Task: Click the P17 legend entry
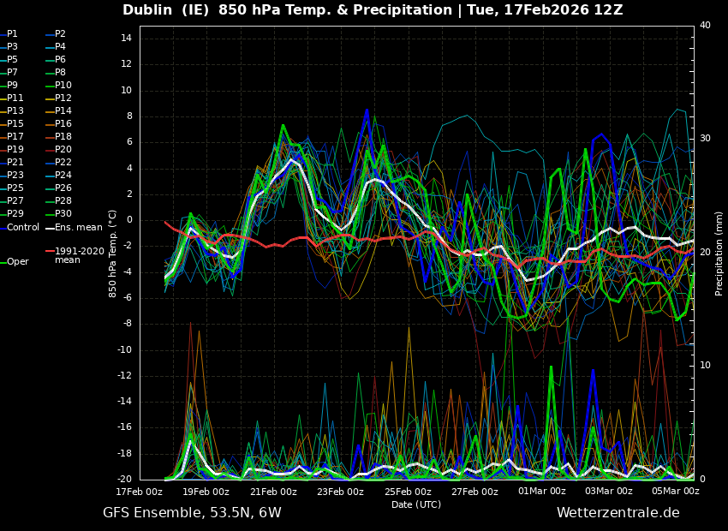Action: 15,137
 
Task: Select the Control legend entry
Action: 23,227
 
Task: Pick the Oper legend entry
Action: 17,262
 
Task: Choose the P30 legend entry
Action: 63,214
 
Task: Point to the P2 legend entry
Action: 60,34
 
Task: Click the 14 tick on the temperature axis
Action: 125,39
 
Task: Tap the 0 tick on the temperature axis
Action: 128,220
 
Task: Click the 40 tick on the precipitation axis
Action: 705,26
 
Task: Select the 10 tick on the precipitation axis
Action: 705,366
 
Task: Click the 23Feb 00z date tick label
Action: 340,492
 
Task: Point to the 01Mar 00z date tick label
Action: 542,492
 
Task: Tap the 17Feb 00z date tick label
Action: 140,492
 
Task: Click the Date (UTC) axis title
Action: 416,504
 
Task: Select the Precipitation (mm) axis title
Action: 719,253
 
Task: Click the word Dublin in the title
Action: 151,10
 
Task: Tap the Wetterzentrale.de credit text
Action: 618,513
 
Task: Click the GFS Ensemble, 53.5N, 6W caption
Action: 192,513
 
